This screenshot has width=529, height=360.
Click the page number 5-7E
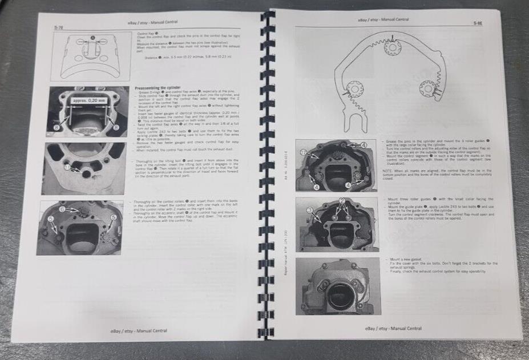(59, 27)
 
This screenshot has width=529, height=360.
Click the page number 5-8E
(478, 24)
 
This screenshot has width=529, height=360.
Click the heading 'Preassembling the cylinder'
(157, 88)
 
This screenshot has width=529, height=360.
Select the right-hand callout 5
(113, 217)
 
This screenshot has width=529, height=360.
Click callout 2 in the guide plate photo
(342, 201)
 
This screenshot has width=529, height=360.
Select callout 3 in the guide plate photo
(310, 211)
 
